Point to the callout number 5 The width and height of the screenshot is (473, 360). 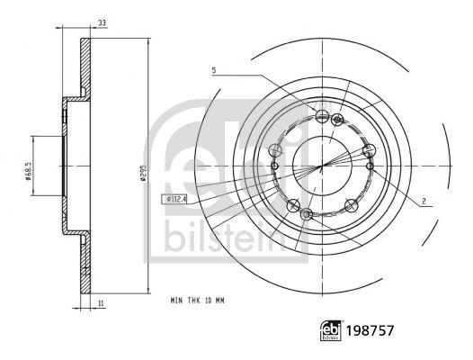tap(214, 70)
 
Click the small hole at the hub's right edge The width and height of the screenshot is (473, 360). tap(370, 165)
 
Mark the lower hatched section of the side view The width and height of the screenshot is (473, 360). tap(85, 265)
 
